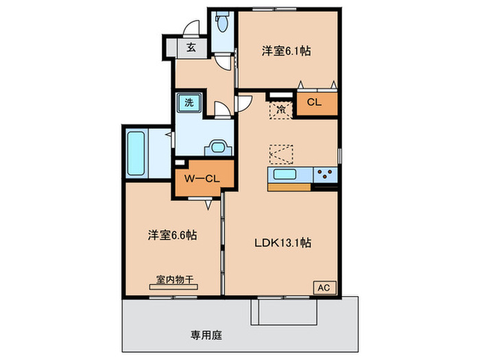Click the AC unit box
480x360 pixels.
[324, 288]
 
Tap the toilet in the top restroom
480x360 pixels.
[222, 22]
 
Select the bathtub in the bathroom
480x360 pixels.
[136, 154]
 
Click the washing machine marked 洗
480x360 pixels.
[189, 103]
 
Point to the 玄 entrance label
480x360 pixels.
[191, 47]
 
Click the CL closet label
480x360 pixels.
[314, 102]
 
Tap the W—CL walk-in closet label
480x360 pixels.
[202, 178]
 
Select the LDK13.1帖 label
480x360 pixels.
[283, 243]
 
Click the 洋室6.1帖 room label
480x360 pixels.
[286, 51]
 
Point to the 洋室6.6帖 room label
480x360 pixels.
[172, 235]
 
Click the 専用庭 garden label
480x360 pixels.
[206, 335]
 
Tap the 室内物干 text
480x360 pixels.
[175, 279]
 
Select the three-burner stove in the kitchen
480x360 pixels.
[325, 175]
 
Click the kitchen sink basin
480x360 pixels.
[285, 174]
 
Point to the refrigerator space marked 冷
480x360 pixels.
[280, 109]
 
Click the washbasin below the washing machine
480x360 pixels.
[218, 147]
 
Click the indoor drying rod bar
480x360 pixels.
[173, 287]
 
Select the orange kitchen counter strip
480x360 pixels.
[289, 187]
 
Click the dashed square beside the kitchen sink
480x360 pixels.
[281, 154]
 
